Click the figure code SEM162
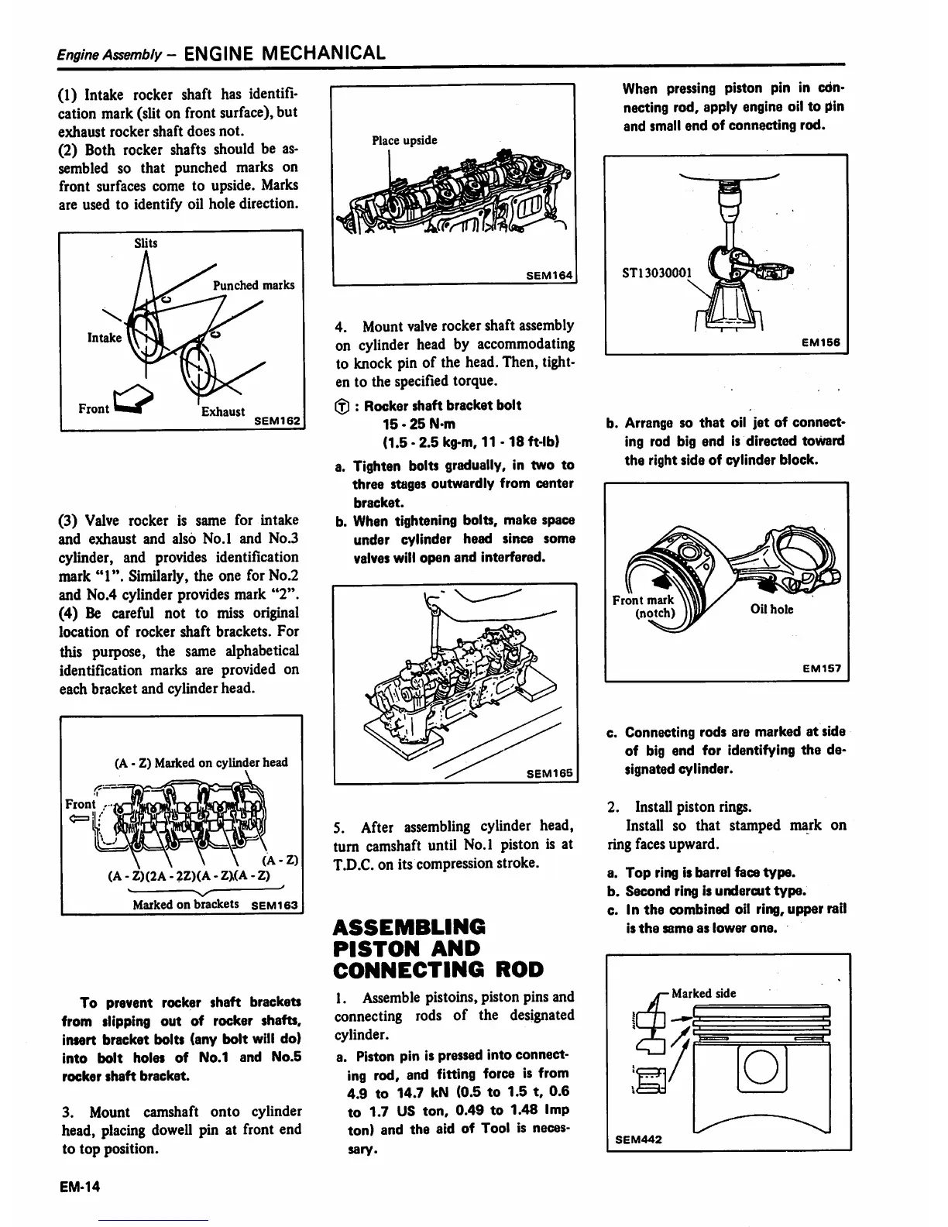pos(279,421)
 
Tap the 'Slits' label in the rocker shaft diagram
pos(146,243)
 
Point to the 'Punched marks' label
pos(253,285)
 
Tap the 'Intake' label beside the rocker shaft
pos(104,338)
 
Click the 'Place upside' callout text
pos(404,140)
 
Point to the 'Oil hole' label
pos(771,609)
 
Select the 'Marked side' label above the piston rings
pos(703,993)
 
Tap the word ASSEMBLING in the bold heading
pos(410,927)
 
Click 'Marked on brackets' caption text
pos(186,904)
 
